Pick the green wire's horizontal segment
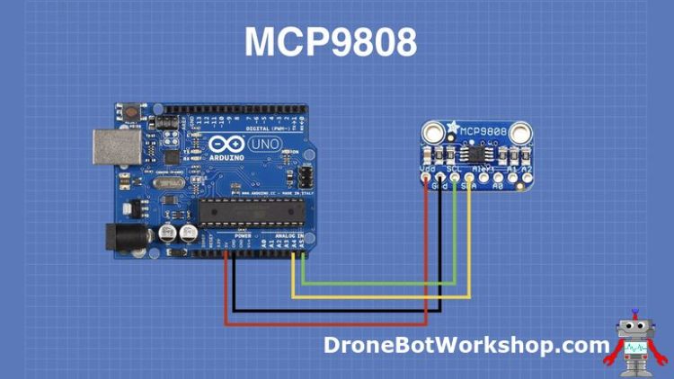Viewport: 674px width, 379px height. [378, 284]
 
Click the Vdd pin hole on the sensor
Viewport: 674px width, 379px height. [425, 179]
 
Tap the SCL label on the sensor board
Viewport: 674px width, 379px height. [455, 168]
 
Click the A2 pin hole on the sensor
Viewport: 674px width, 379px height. [519, 179]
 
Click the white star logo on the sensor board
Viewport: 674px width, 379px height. [454, 128]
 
